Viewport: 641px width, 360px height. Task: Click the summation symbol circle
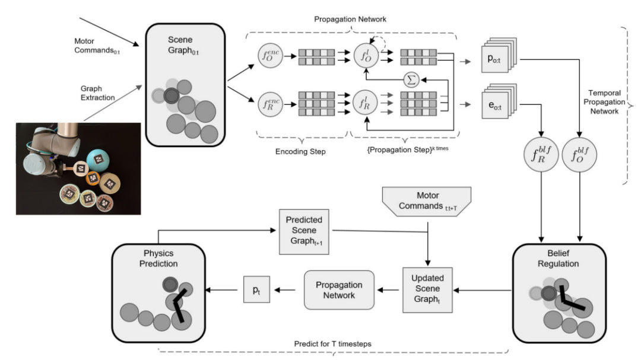(x=410, y=80)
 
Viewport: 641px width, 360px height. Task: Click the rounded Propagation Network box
(x=339, y=289)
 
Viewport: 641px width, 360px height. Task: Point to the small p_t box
(x=255, y=289)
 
